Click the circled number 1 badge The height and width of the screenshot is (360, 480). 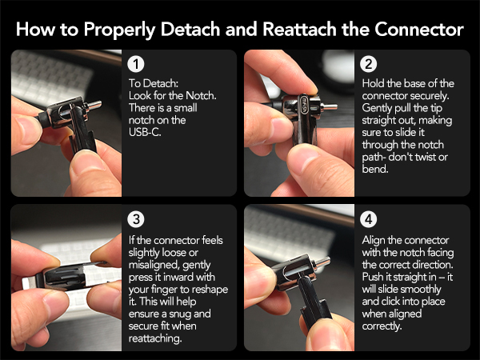point(136,64)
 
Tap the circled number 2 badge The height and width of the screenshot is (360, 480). point(369,64)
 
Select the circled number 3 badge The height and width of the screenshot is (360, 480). point(136,219)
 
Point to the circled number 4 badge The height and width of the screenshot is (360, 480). point(369,219)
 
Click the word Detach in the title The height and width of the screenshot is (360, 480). point(190,29)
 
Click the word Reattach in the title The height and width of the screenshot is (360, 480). point(299,29)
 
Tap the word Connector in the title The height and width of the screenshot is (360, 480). point(418,29)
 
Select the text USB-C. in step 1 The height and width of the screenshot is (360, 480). point(145,132)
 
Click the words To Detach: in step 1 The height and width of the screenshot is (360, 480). point(154,83)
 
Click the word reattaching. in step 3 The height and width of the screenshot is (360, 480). point(155,338)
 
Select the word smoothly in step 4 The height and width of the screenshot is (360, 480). point(421,290)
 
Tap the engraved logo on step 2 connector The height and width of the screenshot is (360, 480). point(305,105)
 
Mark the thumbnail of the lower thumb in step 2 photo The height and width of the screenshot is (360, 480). point(304,157)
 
